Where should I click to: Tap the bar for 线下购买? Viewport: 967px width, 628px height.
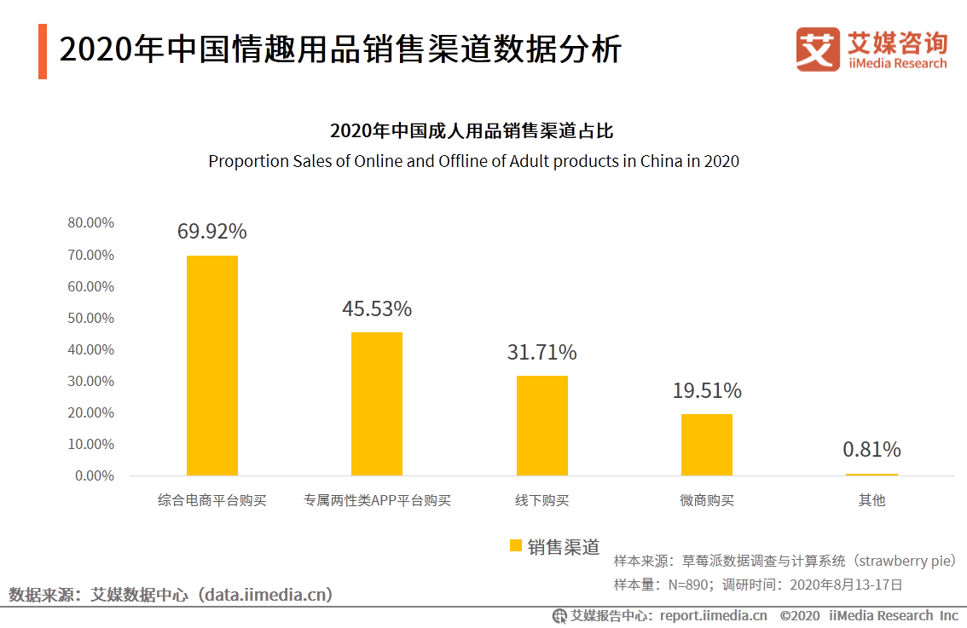541,425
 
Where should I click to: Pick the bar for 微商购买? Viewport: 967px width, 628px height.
706,444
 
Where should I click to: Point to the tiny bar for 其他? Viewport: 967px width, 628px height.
871,474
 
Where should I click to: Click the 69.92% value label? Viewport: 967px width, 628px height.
212,232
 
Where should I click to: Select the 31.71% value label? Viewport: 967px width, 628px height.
541,352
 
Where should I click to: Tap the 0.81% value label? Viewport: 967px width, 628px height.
871,449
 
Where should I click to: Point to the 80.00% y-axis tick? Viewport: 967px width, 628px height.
90,223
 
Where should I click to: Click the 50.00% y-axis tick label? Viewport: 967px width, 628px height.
90,318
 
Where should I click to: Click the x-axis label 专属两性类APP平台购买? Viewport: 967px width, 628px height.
377,501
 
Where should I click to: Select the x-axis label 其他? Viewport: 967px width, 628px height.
871,501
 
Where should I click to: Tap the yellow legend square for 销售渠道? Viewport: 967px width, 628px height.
515,546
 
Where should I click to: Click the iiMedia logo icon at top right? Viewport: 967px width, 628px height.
818,49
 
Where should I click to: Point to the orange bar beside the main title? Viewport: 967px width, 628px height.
43,51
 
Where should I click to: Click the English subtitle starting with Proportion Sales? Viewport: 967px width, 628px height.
473,161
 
